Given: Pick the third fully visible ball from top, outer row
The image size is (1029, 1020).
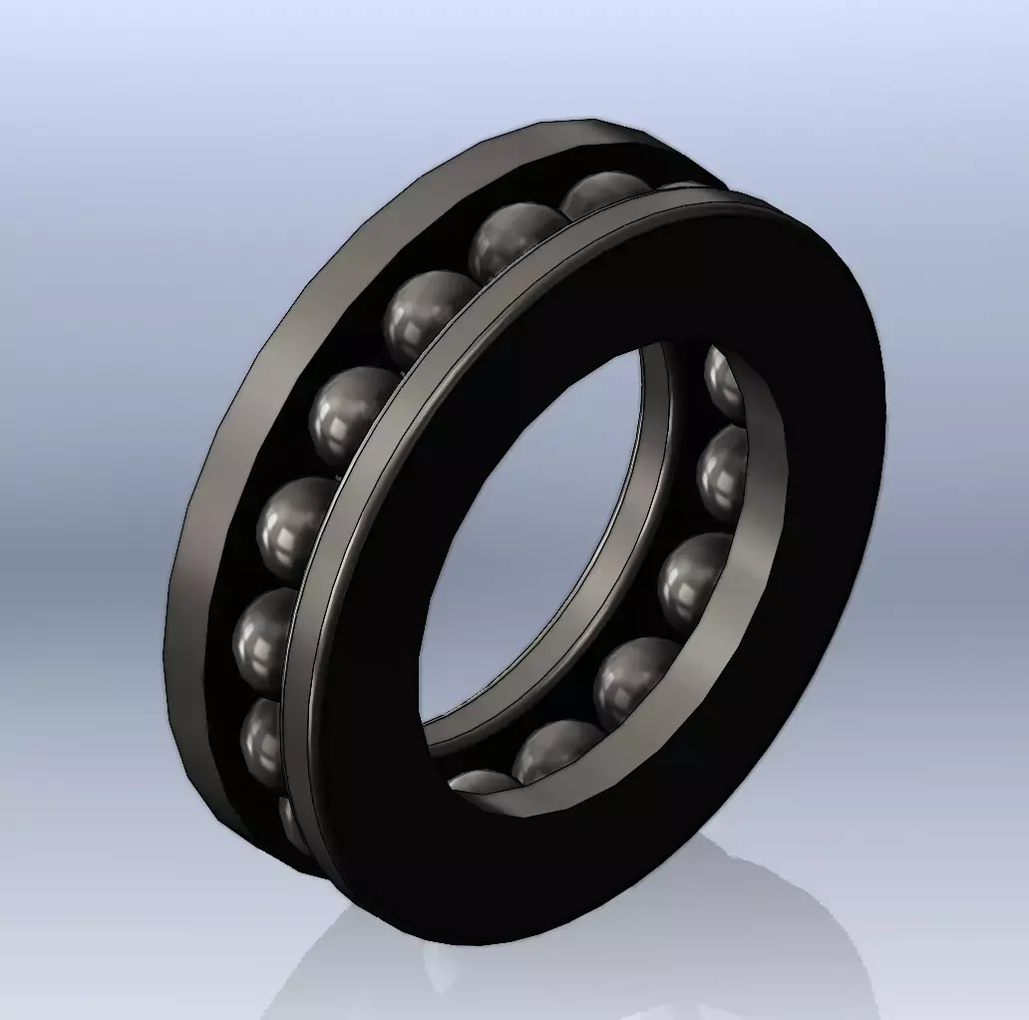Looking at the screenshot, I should point(430,314).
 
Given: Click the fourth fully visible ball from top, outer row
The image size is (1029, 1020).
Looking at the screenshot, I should point(353,414).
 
